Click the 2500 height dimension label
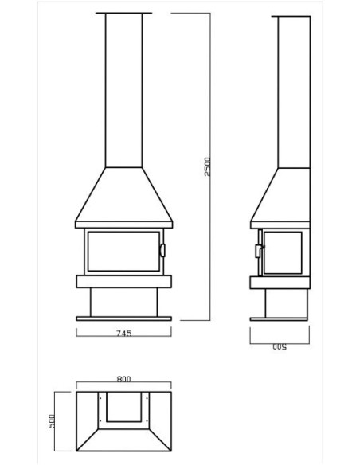click(208, 168)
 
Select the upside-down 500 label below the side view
click(279, 348)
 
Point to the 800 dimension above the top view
click(123, 380)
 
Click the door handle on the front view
click(162, 250)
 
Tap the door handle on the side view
click(258, 251)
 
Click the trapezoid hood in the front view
click(123, 196)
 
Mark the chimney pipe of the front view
click(123, 88)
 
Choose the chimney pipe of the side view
click(294, 88)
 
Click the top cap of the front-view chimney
click(123, 14)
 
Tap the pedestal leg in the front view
click(123, 301)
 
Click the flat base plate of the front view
click(123, 318)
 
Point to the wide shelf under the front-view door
click(123, 281)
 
